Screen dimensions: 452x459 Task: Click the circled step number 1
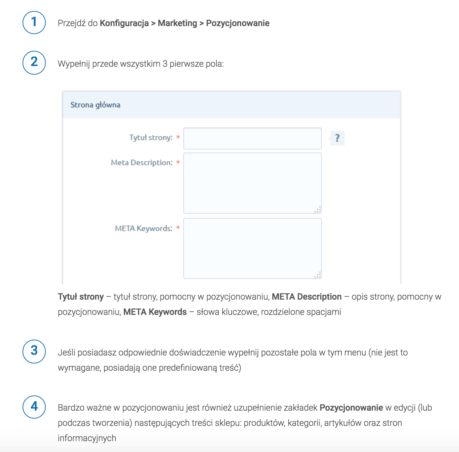34,22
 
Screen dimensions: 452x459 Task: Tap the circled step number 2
34,63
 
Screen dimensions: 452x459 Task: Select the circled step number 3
34,351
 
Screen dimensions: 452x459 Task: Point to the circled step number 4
34,407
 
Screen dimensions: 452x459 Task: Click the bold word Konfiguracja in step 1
124,23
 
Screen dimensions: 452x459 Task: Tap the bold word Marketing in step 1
177,23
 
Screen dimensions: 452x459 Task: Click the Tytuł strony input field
252,138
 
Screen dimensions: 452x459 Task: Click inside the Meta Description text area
252,183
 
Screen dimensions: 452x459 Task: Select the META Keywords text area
252,248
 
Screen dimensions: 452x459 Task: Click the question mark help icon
337,138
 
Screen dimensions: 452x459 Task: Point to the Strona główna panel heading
95,105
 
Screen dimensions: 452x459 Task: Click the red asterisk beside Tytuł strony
178,137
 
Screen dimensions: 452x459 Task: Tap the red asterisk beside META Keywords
178,228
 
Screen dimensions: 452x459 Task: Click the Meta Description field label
142,163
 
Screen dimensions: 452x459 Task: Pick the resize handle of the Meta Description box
318,210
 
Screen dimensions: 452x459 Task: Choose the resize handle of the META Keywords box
318,275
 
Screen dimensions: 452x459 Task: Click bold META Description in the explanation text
306,297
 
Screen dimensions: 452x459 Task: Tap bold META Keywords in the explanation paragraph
155,312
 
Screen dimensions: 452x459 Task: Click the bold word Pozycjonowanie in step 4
351,408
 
